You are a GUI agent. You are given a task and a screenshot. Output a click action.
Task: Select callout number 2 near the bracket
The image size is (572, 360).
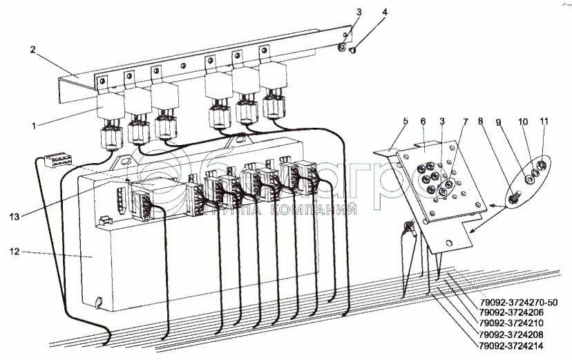(32, 49)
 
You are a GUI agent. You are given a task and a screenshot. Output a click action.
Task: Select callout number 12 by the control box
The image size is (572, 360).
(14, 253)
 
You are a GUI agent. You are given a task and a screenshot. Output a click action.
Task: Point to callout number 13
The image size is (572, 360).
(14, 216)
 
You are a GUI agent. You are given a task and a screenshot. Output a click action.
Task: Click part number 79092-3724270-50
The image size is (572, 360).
(517, 303)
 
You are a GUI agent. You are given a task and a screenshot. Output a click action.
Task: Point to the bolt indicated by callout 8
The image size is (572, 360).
(513, 197)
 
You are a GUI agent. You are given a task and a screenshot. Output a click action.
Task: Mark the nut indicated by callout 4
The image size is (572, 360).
(353, 50)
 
